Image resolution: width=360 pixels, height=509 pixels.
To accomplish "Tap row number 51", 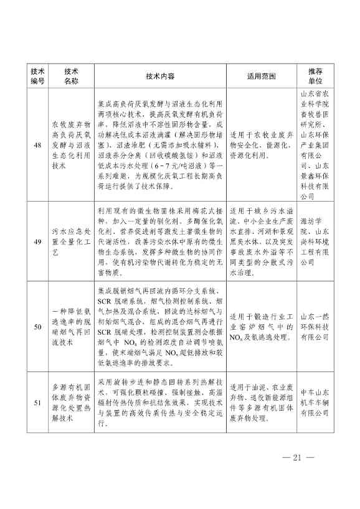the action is pos(37,402).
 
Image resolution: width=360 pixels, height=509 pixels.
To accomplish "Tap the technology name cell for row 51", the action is pos(70,402).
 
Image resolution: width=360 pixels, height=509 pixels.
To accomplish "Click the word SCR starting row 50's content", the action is pos(107,301).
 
